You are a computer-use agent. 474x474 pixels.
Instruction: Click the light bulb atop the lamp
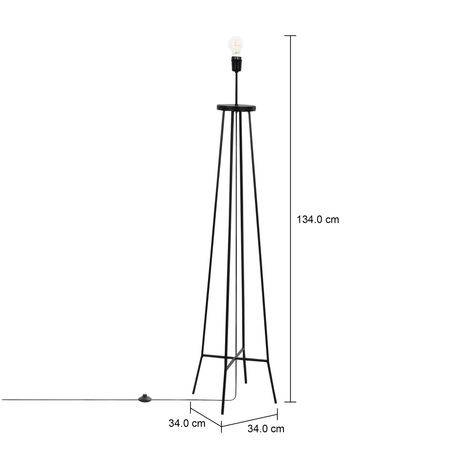[236, 46]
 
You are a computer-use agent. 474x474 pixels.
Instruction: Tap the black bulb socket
[236, 64]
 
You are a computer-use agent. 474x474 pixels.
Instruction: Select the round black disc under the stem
[237, 107]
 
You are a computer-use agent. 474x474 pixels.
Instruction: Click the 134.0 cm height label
[318, 219]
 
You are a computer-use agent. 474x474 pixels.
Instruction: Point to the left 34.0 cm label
[187, 423]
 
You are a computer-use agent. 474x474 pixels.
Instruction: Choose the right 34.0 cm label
[266, 428]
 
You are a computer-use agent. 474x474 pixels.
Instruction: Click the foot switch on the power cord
[145, 398]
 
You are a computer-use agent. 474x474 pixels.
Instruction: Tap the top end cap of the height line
[290, 35]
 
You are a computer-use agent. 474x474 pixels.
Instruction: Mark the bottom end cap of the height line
[290, 402]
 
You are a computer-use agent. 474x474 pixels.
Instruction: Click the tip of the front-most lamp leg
[222, 414]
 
